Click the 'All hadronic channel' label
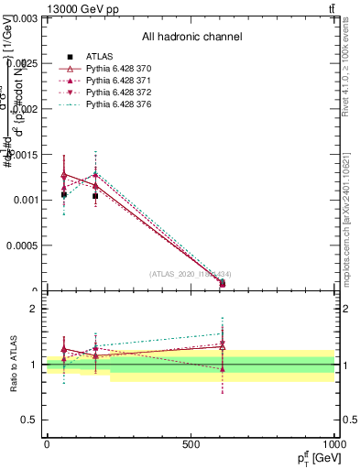(x=191, y=38)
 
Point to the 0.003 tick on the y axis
(x=27, y=17)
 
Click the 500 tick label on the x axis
(x=191, y=444)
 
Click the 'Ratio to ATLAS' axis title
(x=15, y=365)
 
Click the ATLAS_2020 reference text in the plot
(x=191, y=273)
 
